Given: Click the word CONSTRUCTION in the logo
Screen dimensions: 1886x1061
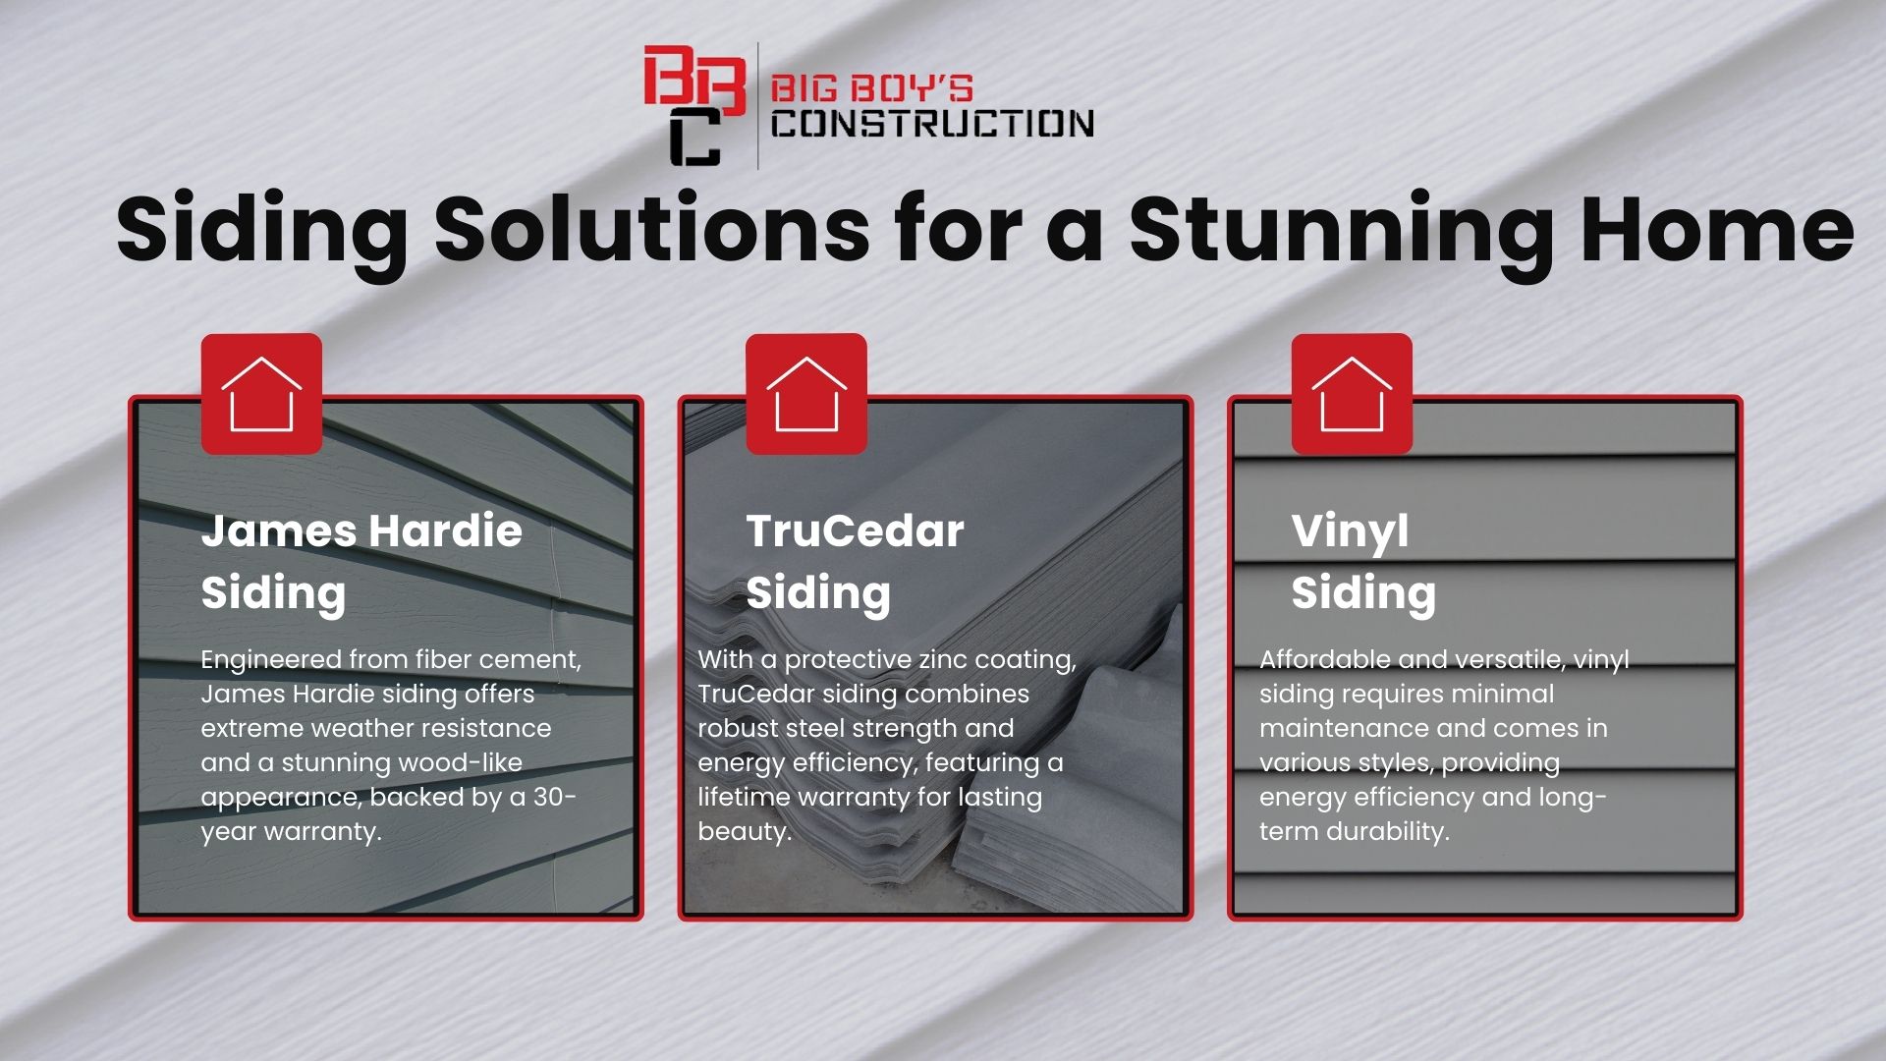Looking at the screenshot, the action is (932, 124).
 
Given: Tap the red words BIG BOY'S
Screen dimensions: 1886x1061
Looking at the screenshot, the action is (871, 88).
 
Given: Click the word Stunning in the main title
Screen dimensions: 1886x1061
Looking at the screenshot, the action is (1342, 232).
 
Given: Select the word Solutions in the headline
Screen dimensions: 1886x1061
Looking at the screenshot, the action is (651, 229).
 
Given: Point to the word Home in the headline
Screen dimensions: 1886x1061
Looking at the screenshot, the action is (1717, 229).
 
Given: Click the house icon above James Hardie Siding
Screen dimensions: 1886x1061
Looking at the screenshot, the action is (261, 394).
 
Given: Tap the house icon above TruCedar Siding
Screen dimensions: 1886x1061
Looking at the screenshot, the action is (806, 394).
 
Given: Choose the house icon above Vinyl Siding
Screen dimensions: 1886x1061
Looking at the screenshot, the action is (1352, 394).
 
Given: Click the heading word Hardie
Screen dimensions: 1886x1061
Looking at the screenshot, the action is (445, 530).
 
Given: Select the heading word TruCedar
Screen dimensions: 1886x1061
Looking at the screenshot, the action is (855, 531).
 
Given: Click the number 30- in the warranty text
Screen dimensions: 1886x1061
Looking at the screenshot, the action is (555, 797).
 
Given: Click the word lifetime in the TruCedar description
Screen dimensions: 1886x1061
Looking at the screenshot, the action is (743, 797).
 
